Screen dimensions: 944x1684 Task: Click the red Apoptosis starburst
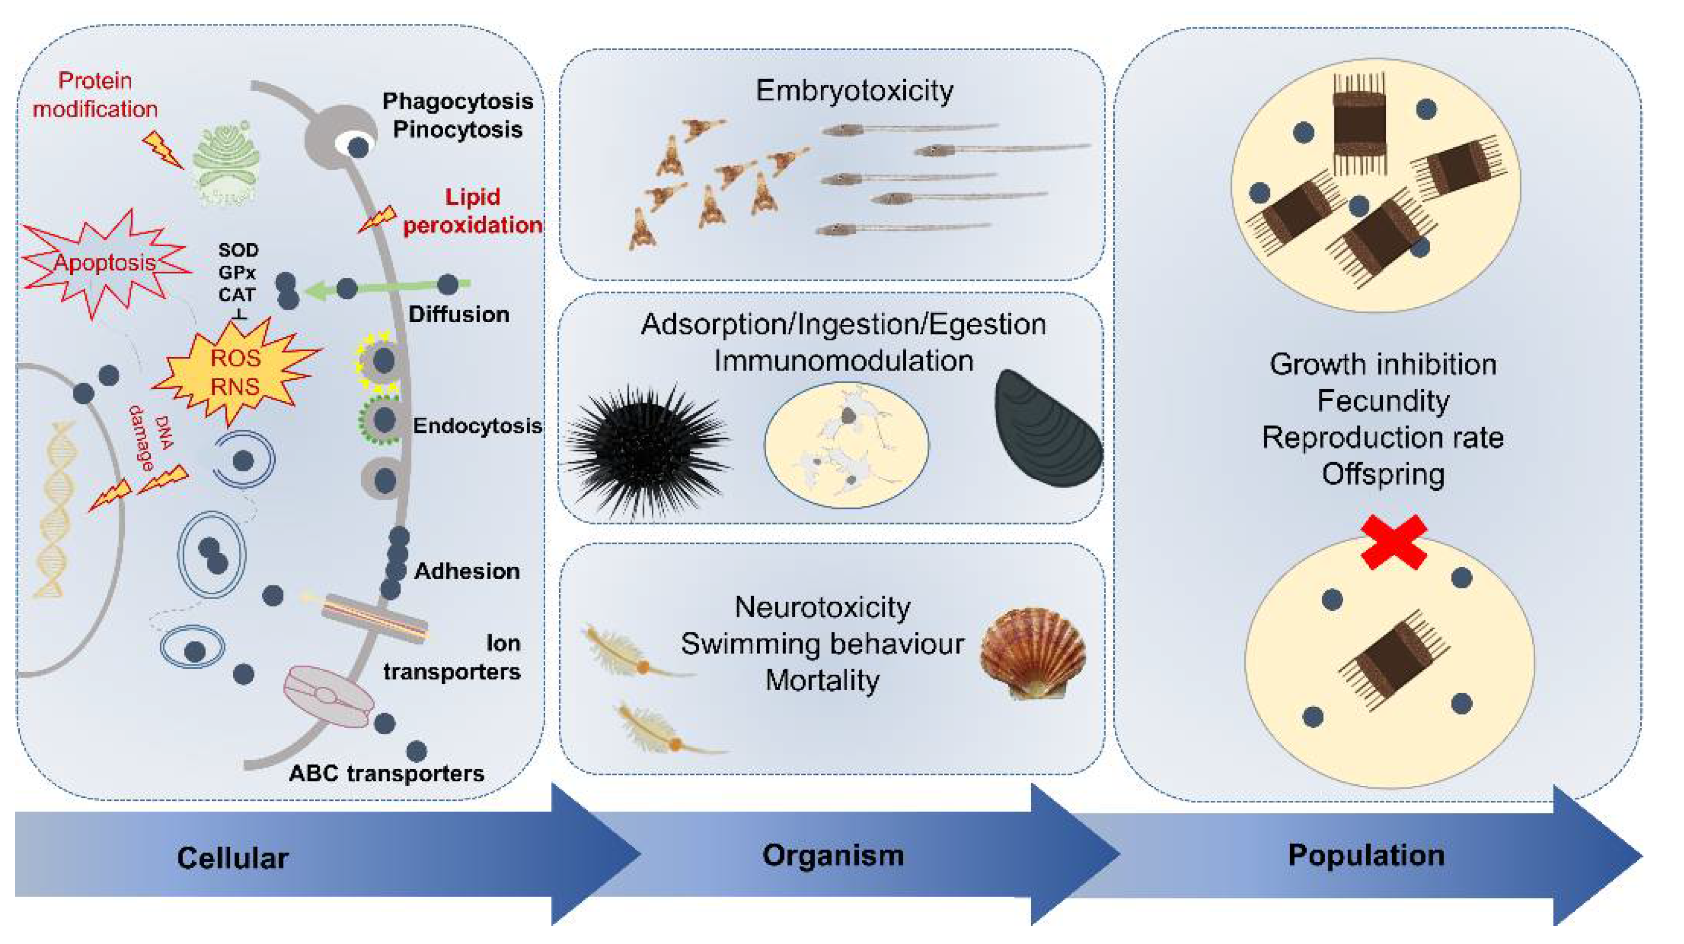105,263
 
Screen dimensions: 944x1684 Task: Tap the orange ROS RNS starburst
235,372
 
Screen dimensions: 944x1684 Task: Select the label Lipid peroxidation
472,211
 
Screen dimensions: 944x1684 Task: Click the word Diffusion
458,314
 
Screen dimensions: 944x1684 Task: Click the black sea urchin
647,451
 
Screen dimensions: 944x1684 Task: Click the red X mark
1393,541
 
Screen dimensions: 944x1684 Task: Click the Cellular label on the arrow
232,858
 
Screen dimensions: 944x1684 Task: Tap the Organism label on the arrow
833,855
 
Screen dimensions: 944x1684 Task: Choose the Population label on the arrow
1366,855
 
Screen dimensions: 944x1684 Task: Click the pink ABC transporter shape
327,696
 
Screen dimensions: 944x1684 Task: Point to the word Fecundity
1383,400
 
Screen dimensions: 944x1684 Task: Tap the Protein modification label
95,95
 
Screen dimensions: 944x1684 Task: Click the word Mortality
822,680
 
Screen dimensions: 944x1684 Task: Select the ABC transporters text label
387,773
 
